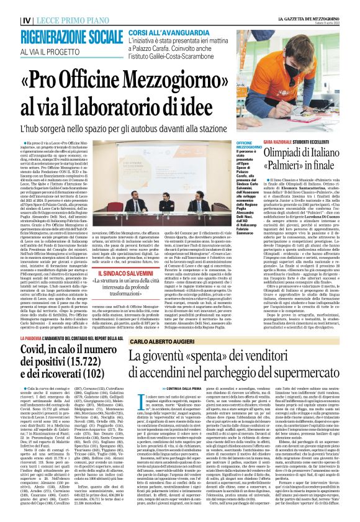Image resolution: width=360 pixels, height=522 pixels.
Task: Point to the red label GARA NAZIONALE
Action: (283, 142)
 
